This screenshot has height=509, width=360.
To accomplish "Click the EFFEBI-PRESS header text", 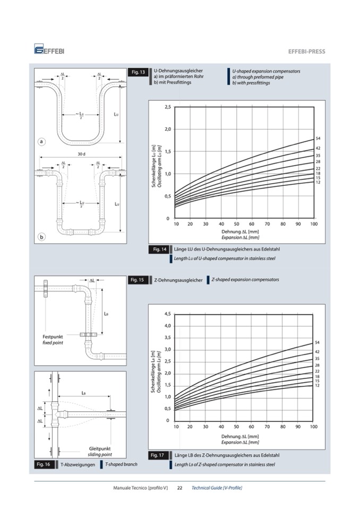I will point(306,51).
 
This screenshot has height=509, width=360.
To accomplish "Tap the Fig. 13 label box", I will point(138,72).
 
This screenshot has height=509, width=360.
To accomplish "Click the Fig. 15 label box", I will point(138,280).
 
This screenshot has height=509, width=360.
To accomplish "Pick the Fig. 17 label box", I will point(159,455).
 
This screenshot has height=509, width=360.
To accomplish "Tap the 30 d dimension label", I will point(81,154).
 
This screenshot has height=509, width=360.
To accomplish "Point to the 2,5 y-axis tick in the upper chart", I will point(167,107).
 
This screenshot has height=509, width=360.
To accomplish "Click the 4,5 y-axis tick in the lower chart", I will point(168,314).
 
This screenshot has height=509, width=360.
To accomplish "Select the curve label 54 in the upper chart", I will point(318,139).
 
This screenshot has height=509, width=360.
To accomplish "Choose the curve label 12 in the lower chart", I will point(317,385).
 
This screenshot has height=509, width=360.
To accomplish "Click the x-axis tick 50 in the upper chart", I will point(237,224).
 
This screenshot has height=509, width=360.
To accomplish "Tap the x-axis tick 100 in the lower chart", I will point(313,426).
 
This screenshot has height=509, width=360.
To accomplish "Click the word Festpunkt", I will point(53,337).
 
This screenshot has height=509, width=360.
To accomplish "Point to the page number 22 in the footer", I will point(179,488).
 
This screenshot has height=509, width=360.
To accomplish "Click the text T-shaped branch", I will point(121,464).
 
